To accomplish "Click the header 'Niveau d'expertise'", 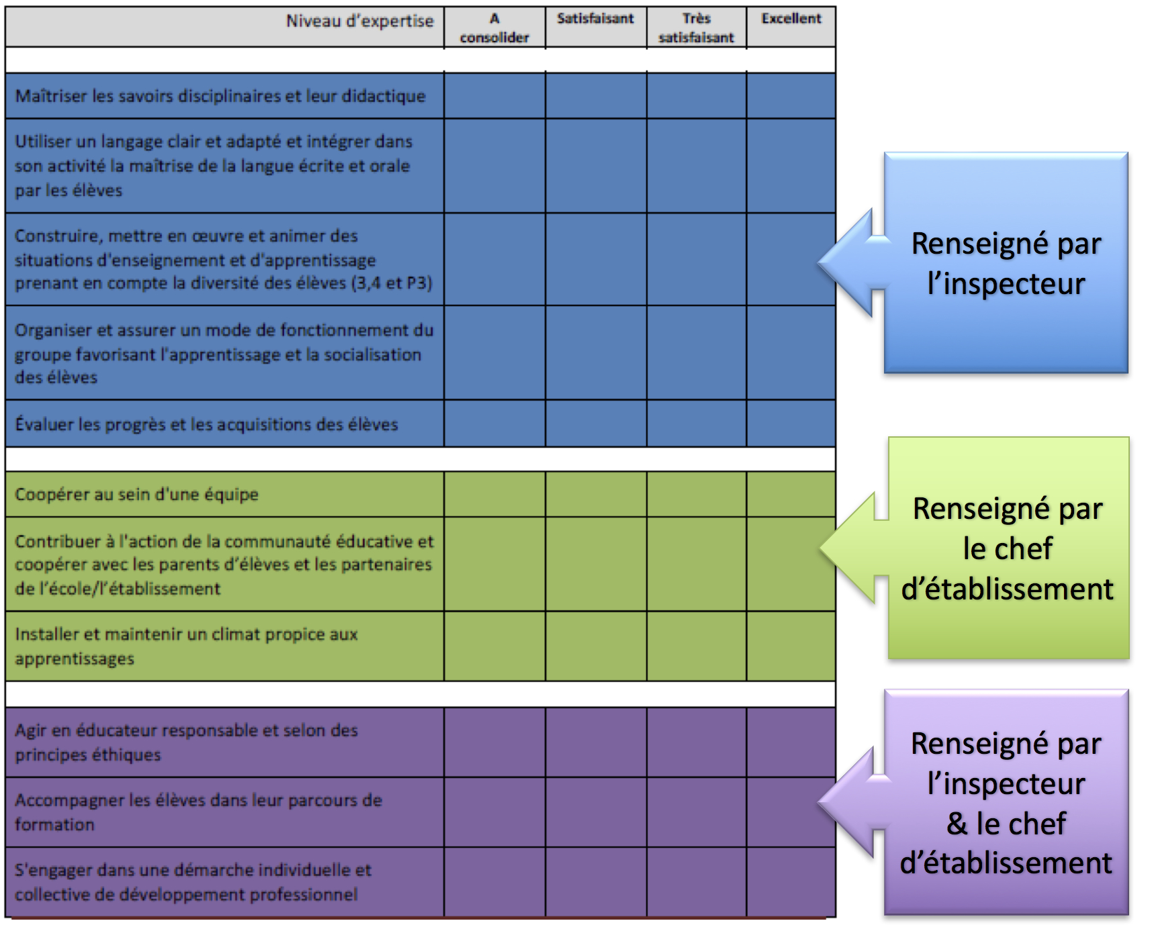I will (x=359, y=21).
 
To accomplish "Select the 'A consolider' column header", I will (x=494, y=28).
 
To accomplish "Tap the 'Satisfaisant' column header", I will (x=595, y=19).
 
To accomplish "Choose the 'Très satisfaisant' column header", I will (x=697, y=28).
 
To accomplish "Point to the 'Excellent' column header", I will (x=791, y=19).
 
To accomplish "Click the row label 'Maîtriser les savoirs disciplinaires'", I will (x=220, y=96).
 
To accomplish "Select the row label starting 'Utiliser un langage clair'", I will (x=214, y=166).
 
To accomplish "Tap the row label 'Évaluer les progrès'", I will (x=206, y=424).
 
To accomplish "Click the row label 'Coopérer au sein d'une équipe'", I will (x=136, y=494).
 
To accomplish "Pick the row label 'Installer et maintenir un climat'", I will (x=186, y=646).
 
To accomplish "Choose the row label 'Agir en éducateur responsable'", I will (x=186, y=742).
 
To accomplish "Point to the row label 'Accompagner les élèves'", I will (x=198, y=812).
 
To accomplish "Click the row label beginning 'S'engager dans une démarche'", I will (x=193, y=881).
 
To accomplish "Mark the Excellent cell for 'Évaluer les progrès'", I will (x=791, y=424).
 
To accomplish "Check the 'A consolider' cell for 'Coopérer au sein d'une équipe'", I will (x=494, y=494).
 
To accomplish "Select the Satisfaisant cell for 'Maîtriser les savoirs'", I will (x=596, y=96).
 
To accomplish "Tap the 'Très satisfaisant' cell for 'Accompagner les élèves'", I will (x=697, y=812).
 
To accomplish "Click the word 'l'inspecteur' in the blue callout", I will (x=1006, y=284).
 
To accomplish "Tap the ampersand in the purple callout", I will (x=957, y=824).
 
